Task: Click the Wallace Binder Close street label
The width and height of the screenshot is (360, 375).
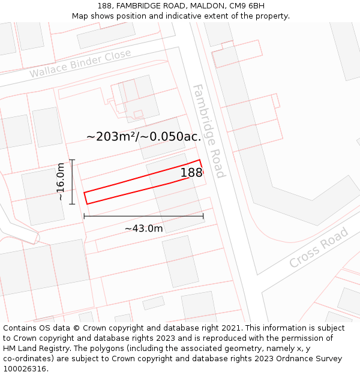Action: point(80,64)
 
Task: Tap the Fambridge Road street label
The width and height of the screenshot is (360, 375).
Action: point(209,131)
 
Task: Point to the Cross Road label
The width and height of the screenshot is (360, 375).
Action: point(319,247)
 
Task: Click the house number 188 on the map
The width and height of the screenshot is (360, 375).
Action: point(191,173)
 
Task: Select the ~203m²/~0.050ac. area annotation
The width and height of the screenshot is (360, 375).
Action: point(143,136)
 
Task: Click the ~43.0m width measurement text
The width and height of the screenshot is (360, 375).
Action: point(143,229)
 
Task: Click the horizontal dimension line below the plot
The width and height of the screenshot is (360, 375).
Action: point(143,216)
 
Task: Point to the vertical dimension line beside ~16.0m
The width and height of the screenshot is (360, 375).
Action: point(72,181)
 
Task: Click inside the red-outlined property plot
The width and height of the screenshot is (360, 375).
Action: point(138,183)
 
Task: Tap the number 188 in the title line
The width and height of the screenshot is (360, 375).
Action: point(105,6)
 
